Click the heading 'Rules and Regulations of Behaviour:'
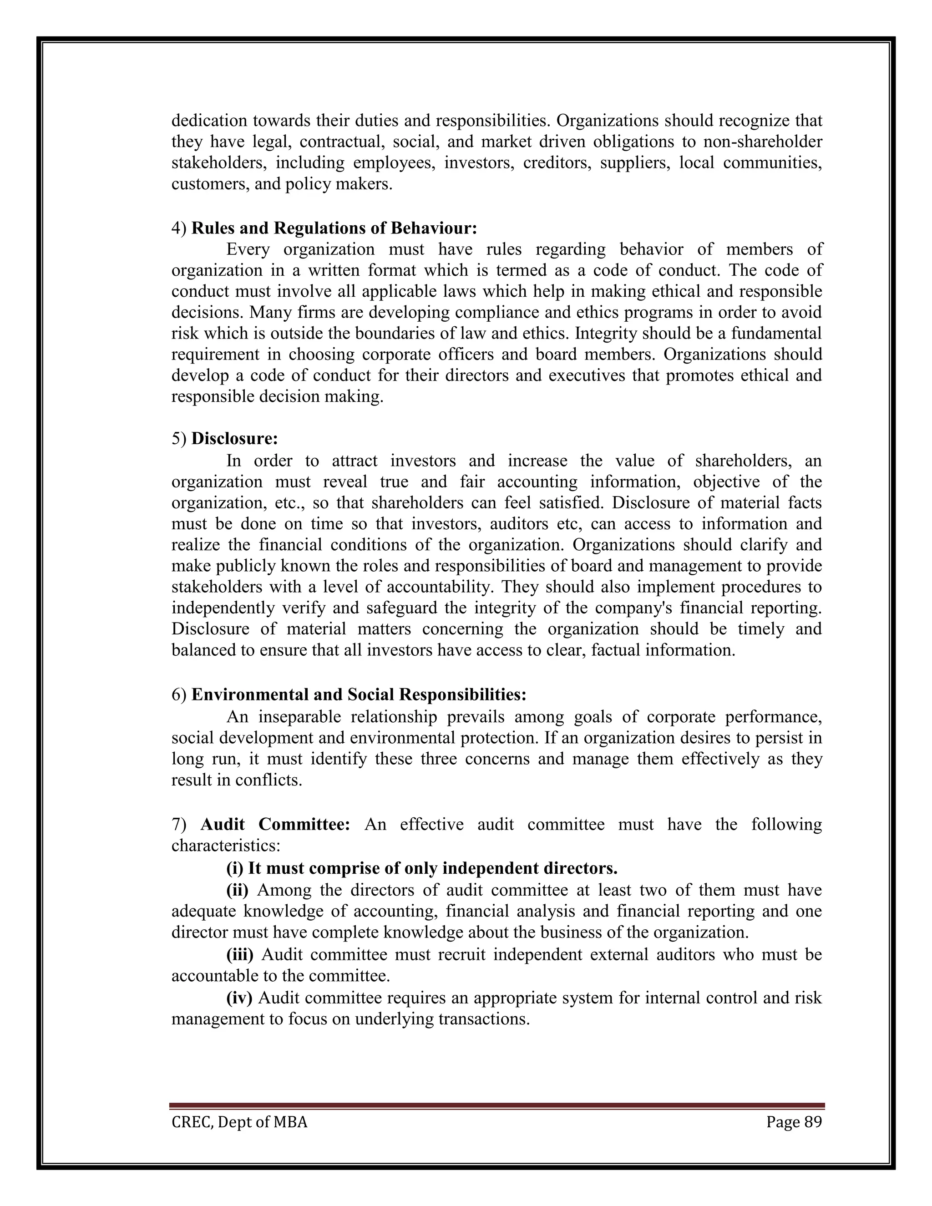pyautogui.click(x=334, y=228)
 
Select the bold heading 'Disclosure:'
pyautogui.click(x=235, y=439)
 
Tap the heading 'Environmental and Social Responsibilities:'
pyautogui.click(x=359, y=694)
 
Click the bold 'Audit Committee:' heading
pyautogui.click(x=275, y=825)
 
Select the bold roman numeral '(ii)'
pyautogui.click(x=238, y=890)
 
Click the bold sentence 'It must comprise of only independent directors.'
pyautogui.click(x=432, y=869)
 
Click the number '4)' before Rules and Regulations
pyautogui.click(x=179, y=228)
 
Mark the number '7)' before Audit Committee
pyautogui.click(x=179, y=825)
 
